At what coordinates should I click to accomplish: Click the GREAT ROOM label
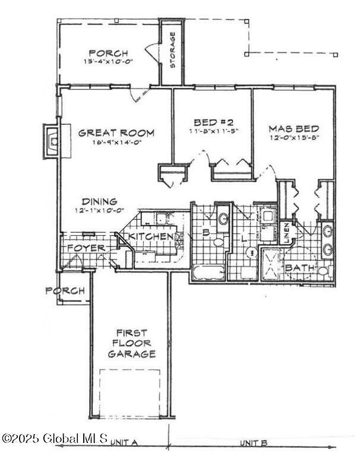pyautogui.click(x=116, y=133)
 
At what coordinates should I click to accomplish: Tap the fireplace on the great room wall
pyautogui.click(x=52, y=141)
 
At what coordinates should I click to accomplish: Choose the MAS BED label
pyautogui.click(x=293, y=128)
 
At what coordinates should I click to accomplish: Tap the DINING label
pyautogui.click(x=99, y=201)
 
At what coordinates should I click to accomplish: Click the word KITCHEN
pyautogui.click(x=152, y=237)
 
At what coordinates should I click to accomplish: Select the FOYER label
pyautogui.click(x=86, y=248)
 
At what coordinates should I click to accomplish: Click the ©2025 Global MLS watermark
pyautogui.click(x=55, y=439)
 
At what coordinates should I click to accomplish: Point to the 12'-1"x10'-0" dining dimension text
pyautogui.click(x=99, y=210)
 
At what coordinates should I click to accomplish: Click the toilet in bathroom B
pyautogui.click(x=218, y=243)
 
